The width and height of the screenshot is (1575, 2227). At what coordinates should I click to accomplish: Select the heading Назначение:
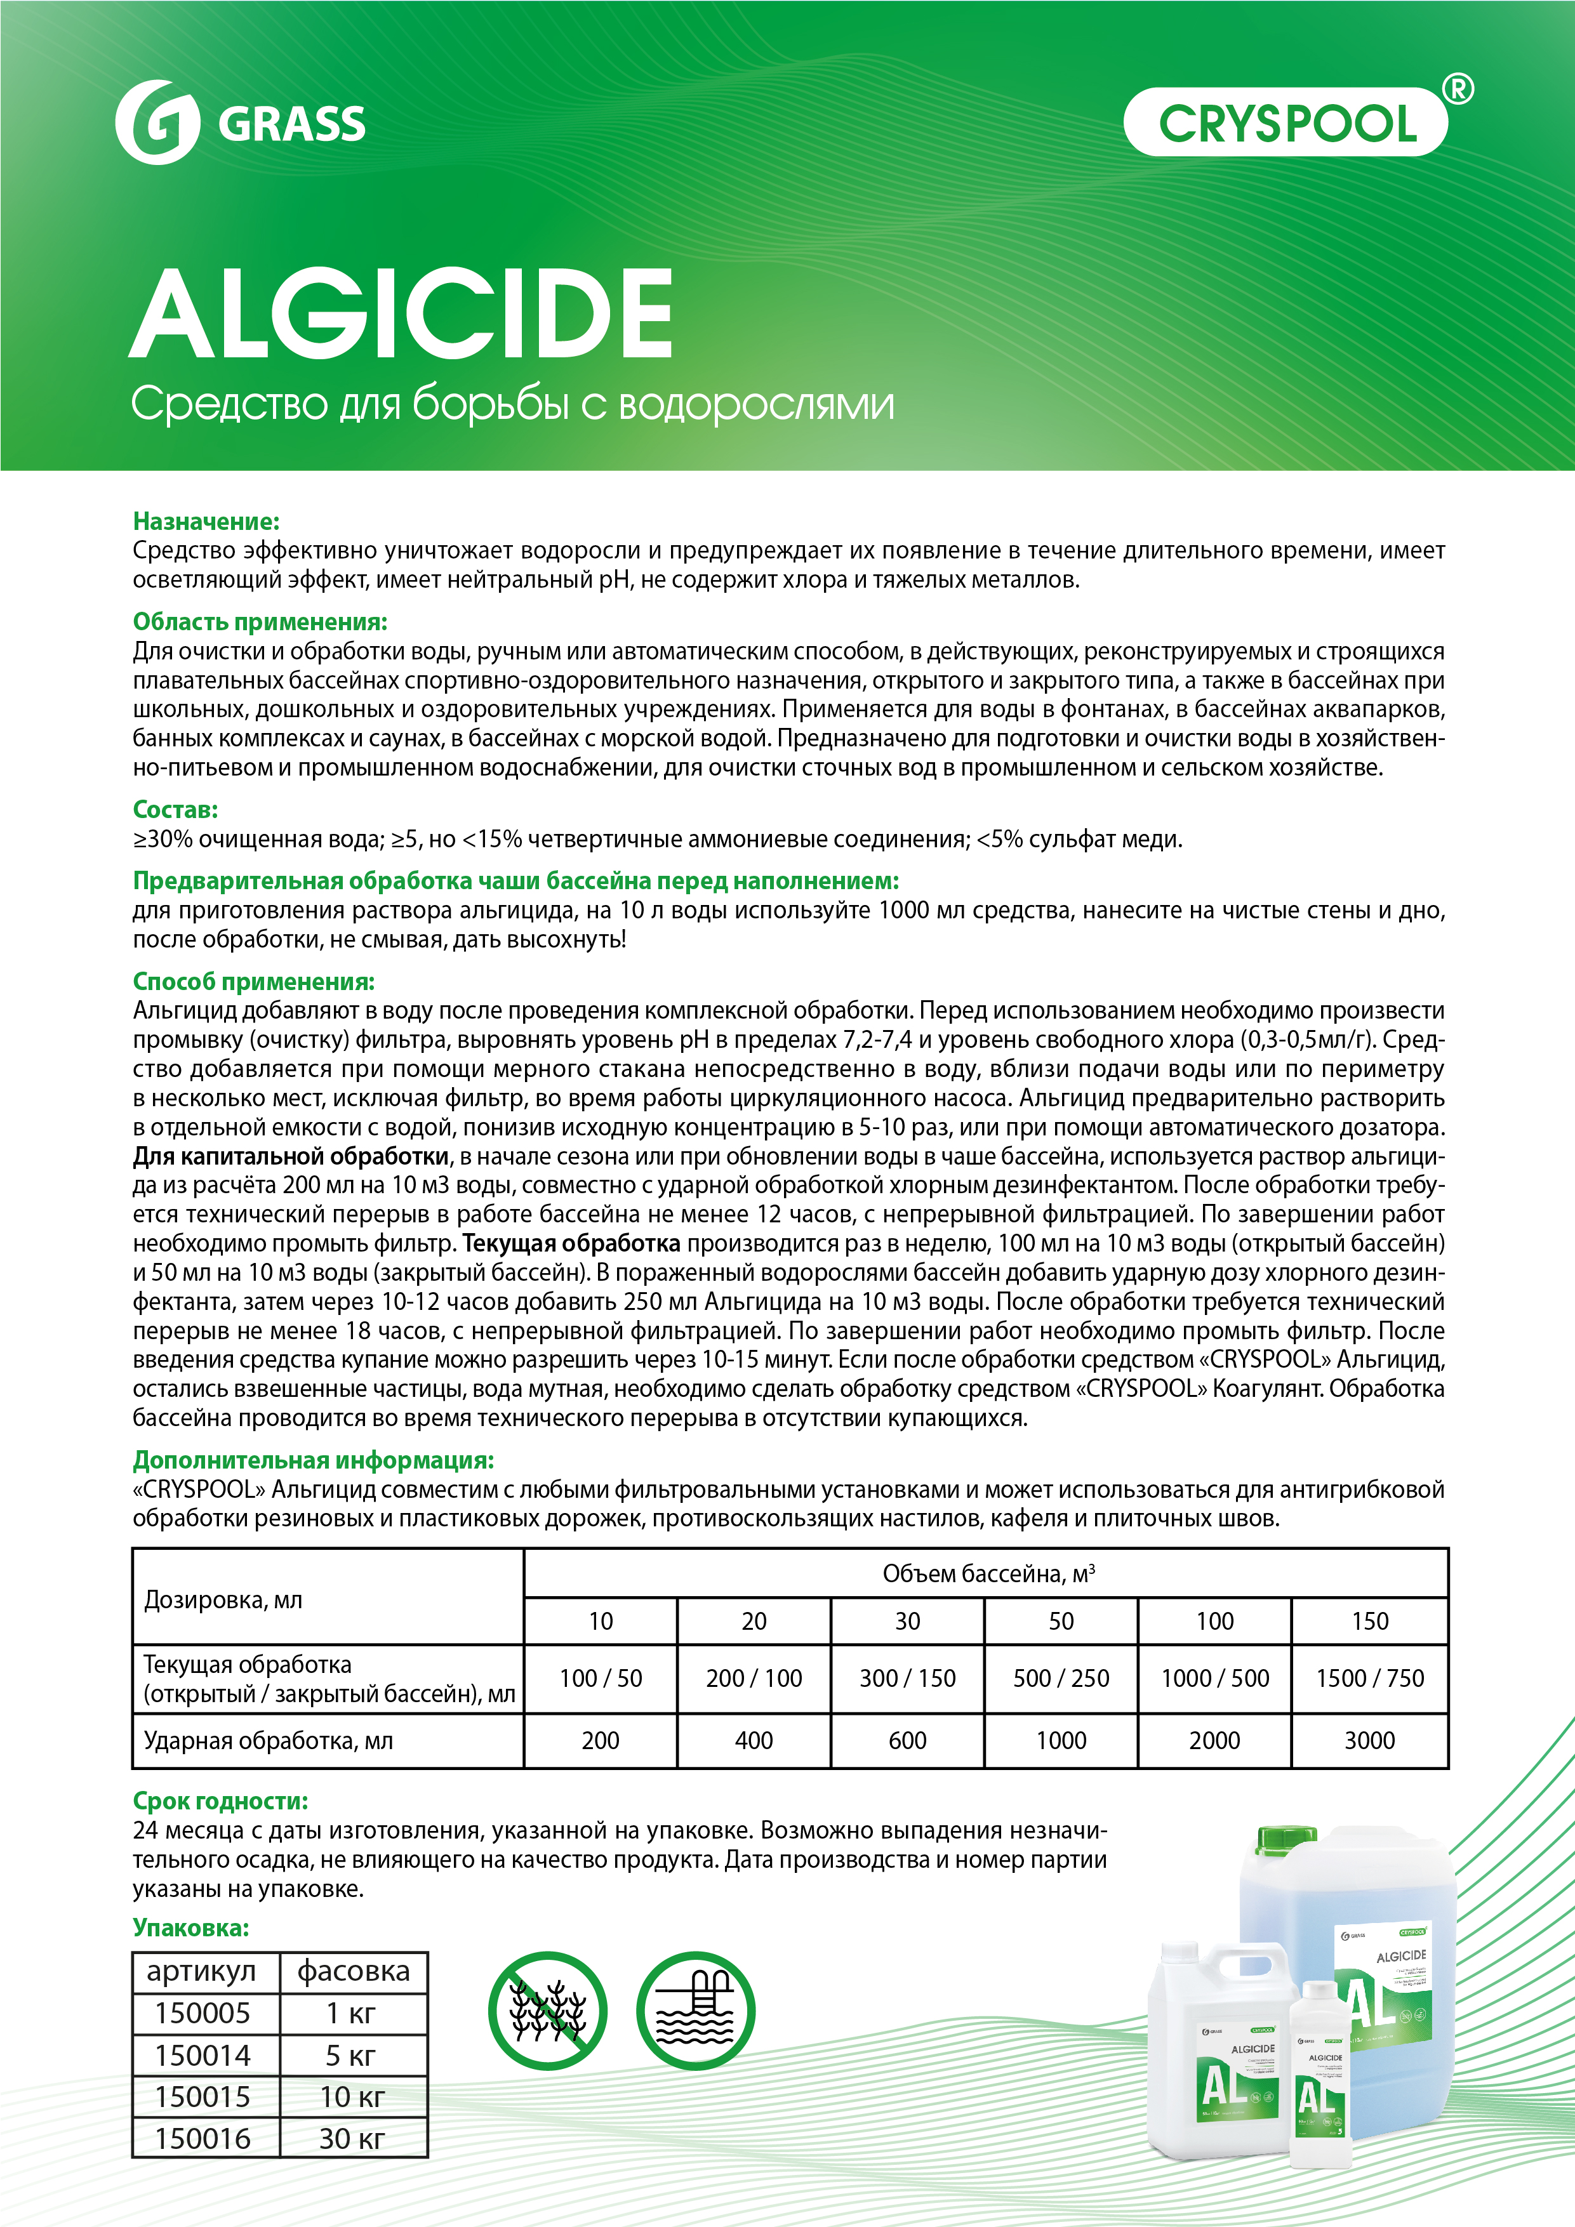click(x=206, y=522)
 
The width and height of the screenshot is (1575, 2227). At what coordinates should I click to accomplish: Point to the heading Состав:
click(x=176, y=810)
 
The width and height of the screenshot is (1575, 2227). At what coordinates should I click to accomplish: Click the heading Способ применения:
click(x=253, y=982)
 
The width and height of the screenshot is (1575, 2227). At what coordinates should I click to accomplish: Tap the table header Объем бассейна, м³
click(x=987, y=1573)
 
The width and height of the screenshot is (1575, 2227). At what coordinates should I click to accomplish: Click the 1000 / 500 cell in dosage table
click(x=1215, y=1678)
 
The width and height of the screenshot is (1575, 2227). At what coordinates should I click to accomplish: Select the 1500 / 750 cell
click(x=1369, y=1678)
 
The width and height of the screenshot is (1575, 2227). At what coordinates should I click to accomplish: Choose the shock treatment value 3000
click(x=1369, y=1740)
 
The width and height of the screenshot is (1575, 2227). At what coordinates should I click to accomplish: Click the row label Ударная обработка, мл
click(x=269, y=1740)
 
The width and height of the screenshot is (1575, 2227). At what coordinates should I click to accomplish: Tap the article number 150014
click(x=203, y=2055)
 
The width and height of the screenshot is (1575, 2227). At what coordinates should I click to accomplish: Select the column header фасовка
click(x=353, y=1972)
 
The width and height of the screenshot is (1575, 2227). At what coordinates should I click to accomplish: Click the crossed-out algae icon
click(x=547, y=2011)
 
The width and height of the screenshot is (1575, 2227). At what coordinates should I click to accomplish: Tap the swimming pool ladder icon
click(x=695, y=2011)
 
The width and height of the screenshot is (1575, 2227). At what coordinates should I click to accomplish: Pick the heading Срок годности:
click(x=220, y=1801)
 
